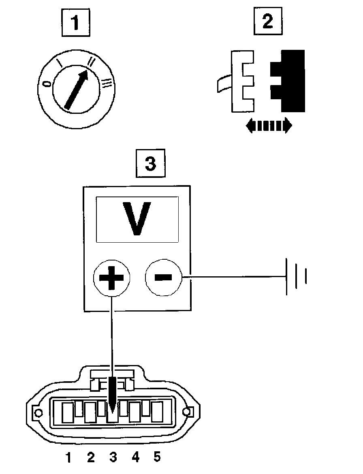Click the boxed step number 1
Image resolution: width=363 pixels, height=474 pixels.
[75, 24]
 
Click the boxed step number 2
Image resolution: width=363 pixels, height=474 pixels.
[268, 22]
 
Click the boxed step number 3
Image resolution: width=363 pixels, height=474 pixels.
[150, 164]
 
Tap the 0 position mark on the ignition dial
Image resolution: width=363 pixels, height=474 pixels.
[47, 83]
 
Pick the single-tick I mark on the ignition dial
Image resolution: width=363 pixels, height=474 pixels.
[60, 63]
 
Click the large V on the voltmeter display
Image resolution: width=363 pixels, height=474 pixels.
[137, 219]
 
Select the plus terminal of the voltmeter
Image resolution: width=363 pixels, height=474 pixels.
[112, 278]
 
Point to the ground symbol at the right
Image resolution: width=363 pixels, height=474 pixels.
[297, 276]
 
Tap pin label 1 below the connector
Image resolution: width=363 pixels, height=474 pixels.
[68, 457]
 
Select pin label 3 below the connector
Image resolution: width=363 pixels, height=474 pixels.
[113, 457]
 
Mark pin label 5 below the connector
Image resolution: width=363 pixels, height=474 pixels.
[157, 457]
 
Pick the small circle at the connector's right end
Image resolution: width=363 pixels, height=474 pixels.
[187, 412]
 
